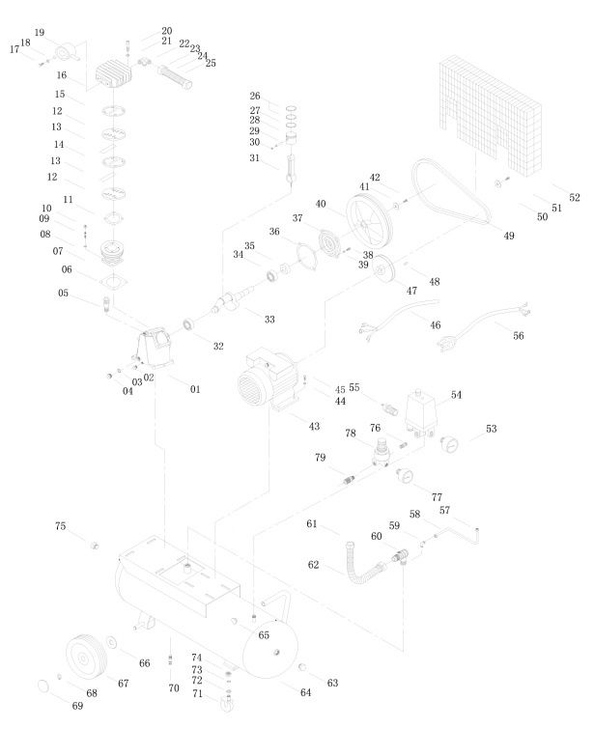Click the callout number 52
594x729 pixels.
(x=574, y=198)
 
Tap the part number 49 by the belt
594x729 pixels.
(x=510, y=235)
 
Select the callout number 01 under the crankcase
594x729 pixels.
(x=195, y=389)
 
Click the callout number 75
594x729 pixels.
(x=61, y=526)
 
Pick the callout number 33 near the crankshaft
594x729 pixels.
(x=269, y=319)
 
